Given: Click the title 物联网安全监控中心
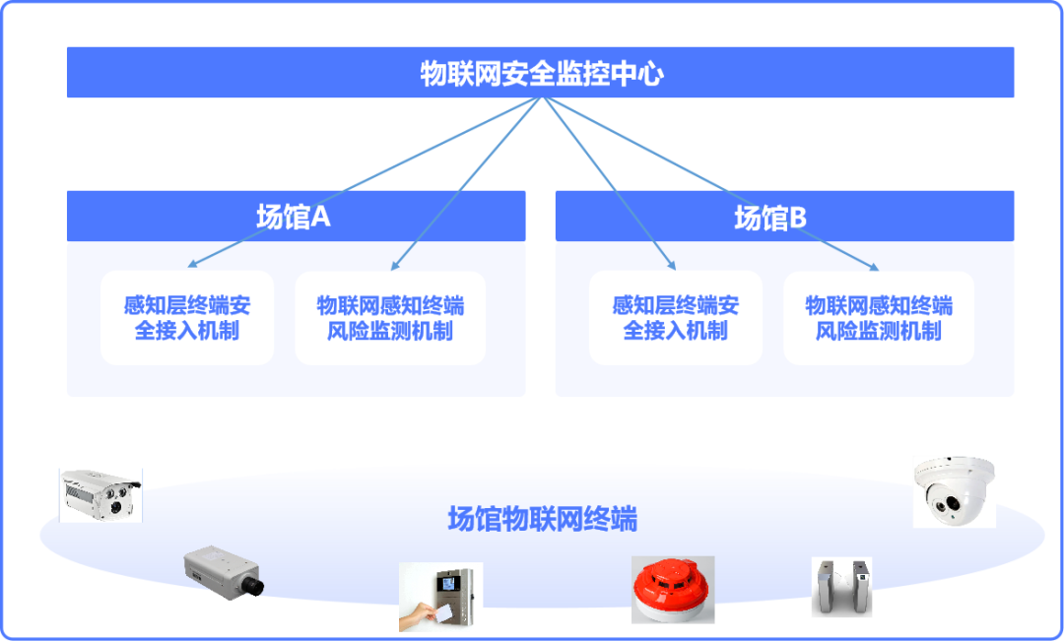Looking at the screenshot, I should [541, 74].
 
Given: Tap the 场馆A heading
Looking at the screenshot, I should [294, 217].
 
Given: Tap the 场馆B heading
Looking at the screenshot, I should [770, 218].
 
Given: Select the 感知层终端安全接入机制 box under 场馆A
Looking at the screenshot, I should [187, 317].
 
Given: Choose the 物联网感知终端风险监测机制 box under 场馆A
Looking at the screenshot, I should [390, 317].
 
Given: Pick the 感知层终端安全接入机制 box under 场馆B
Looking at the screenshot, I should [676, 317].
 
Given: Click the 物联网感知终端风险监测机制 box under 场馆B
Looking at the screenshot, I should [879, 317].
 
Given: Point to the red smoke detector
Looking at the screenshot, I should [673, 589].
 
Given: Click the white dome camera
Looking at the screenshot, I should [954, 491].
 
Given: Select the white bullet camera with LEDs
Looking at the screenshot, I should [100, 494].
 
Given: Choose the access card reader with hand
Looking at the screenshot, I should [440, 596].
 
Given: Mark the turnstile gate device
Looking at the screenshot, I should [841, 587].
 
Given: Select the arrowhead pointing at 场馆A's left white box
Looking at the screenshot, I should [192, 264].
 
